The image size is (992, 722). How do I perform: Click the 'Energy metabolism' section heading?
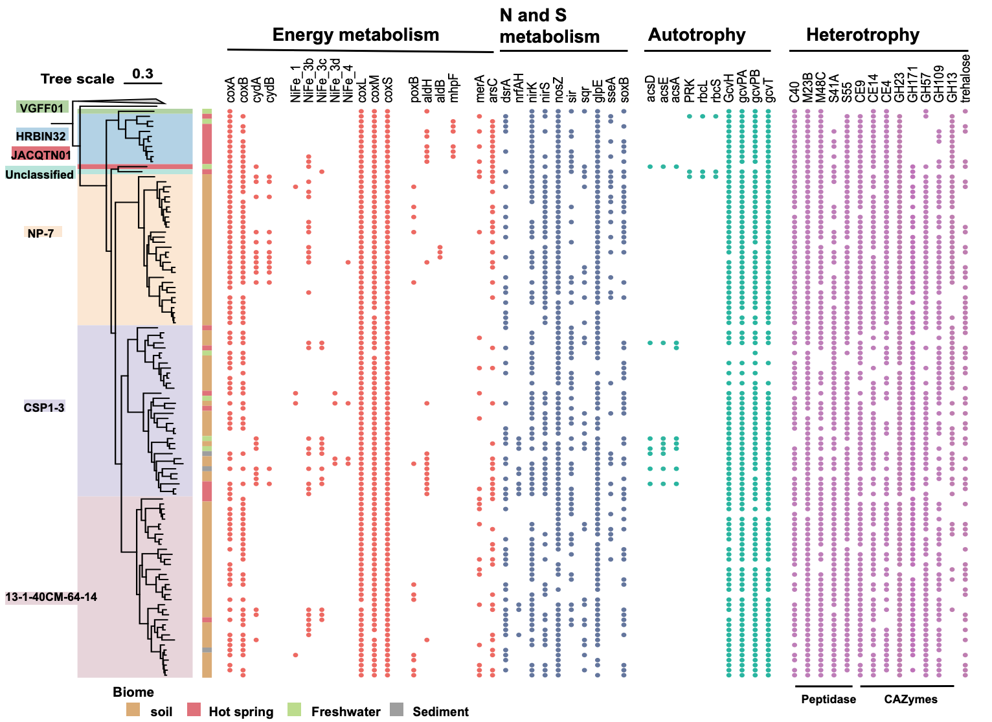tap(355, 35)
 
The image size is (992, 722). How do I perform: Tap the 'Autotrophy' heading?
tap(697, 35)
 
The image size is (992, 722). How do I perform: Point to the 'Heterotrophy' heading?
tap(862, 35)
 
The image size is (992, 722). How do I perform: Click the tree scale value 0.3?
tap(142, 74)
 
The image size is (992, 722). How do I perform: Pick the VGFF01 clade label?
tap(41, 107)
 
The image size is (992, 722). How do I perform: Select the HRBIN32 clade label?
tap(41, 136)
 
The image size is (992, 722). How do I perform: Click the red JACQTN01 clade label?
tap(41, 155)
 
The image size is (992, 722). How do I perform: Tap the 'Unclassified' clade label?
tap(39, 174)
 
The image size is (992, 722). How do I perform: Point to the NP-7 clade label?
tap(41, 232)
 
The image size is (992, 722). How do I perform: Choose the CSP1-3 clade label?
tap(44, 407)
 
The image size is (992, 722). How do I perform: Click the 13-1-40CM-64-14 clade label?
tap(51, 596)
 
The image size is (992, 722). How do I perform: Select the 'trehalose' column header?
tap(965, 78)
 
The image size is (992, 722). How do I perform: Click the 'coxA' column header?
tap(231, 90)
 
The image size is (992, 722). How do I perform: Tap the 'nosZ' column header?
tap(558, 90)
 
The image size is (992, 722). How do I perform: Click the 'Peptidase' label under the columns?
tap(828, 699)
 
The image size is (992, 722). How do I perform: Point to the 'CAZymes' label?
tap(910, 699)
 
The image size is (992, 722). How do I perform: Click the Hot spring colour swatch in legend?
tap(194, 710)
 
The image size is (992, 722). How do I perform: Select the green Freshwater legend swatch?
tap(295, 710)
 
